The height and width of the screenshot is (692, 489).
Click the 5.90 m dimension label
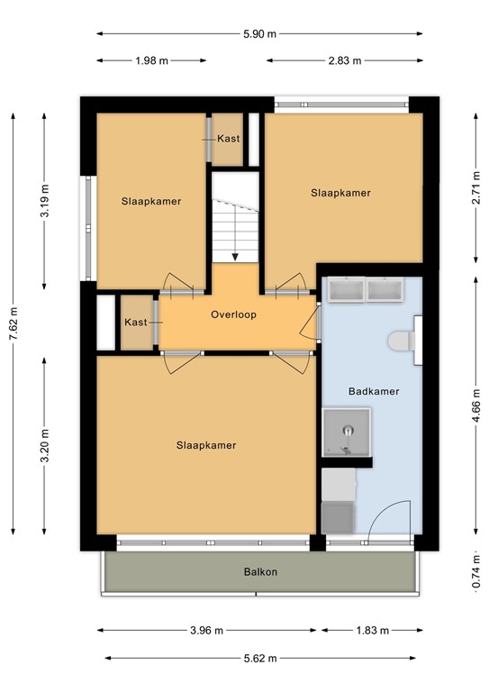pos(259,34)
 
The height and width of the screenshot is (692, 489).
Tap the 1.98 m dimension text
pos(151,61)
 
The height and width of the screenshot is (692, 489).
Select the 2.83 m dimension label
pos(344,61)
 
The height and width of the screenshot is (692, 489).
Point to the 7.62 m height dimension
pos(13,324)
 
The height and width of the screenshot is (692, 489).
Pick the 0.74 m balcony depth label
pos(475,574)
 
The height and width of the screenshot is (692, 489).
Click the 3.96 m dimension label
pos(206,631)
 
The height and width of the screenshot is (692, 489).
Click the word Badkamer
pos(373,392)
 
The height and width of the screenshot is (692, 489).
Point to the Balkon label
pos(259,572)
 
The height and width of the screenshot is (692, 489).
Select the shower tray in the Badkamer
pos(347,432)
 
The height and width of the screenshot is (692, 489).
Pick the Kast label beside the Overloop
pos(135,323)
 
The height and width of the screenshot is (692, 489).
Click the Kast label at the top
pos(228,139)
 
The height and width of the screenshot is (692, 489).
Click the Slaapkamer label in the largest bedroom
pos(206,445)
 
